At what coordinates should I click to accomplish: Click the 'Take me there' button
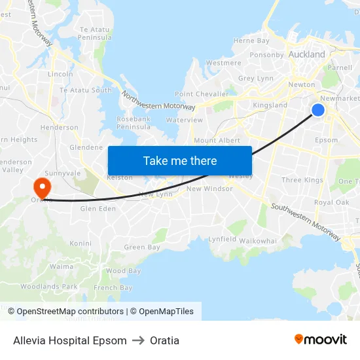[180, 160]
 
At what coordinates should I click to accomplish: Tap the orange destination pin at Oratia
[42, 187]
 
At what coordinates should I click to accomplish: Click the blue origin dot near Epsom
[318, 110]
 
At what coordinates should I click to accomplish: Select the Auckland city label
[306, 54]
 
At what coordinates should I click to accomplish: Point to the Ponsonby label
[266, 55]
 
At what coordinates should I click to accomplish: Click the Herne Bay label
[251, 41]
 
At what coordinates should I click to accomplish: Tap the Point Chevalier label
[201, 94]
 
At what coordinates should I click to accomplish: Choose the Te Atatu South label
[86, 90]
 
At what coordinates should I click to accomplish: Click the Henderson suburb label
[60, 128]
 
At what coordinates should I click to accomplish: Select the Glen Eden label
[98, 209]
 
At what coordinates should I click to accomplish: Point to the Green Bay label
[142, 247]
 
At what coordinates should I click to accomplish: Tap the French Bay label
[113, 288]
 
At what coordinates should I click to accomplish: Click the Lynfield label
[223, 240]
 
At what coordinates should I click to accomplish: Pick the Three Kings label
[302, 180]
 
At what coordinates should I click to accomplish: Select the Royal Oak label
[332, 203]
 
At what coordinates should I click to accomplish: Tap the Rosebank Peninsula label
[134, 122]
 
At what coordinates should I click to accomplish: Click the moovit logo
[321, 340]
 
